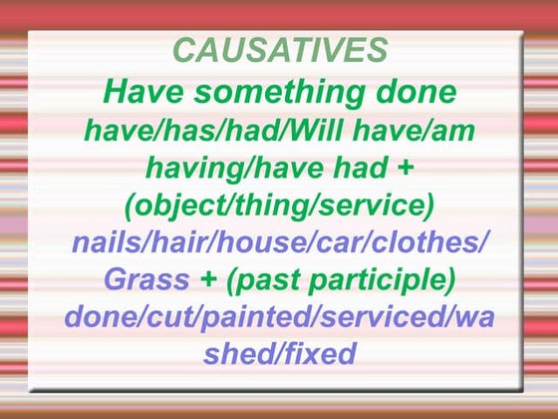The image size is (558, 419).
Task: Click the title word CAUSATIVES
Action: click(278, 50)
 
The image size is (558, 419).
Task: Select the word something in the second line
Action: click(279, 94)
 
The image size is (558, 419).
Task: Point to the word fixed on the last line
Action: click(318, 352)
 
